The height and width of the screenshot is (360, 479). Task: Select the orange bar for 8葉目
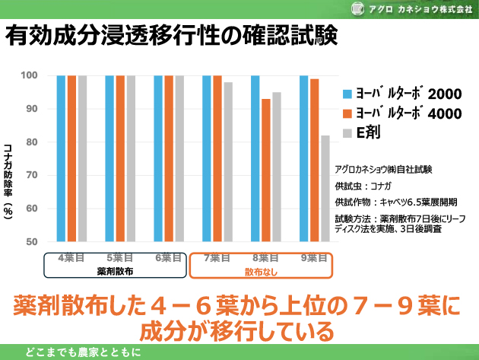click(x=265, y=170)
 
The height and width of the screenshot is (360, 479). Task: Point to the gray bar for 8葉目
click(x=277, y=167)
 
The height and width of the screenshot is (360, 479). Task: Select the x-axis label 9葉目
click(x=314, y=257)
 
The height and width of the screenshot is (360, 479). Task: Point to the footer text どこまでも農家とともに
click(x=83, y=352)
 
